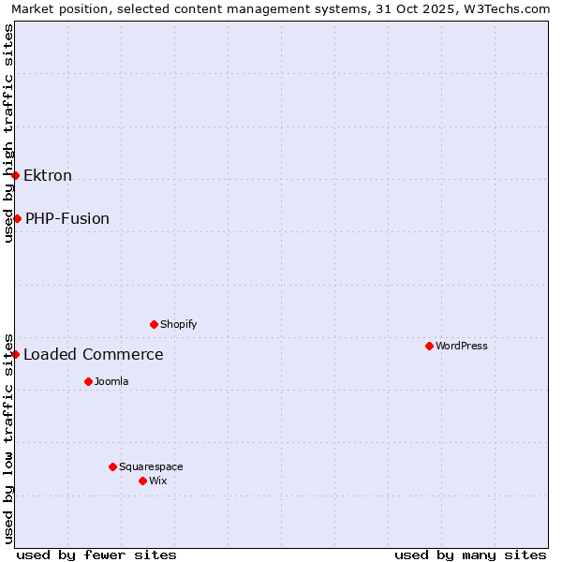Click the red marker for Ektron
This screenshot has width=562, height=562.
pyautogui.click(x=15, y=175)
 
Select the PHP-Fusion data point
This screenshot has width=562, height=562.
pyautogui.click(x=17, y=218)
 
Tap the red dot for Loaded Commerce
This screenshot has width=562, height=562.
pyautogui.click(x=15, y=354)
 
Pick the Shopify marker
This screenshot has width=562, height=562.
pyautogui.click(x=154, y=324)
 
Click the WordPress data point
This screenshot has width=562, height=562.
pyautogui.click(x=429, y=346)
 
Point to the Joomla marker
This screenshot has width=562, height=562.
pyautogui.click(x=88, y=381)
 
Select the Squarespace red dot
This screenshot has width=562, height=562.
pyautogui.click(x=112, y=466)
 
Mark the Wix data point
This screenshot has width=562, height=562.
pyautogui.click(x=142, y=481)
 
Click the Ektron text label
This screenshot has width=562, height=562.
pyautogui.click(x=48, y=176)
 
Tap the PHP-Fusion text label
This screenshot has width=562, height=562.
pyautogui.click(x=67, y=219)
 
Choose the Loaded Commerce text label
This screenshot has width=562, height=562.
pyautogui.click(x=94, y=355)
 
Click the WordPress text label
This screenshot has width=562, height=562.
pyautogui.click(x=462, y=347)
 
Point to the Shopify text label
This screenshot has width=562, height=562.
pyautogui.click(x=179, y=325)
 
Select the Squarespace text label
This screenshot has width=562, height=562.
pyautogui.click(x=151, y=467)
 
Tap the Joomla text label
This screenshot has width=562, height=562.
pyautogui.click(x=111, y=382)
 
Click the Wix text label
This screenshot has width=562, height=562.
pyautogui.click(x=158, y=481)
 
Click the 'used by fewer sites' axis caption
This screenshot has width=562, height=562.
pyautogui.click(x=96, y=555)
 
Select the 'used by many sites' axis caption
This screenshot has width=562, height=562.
pyautogui.click(x=470, y=555)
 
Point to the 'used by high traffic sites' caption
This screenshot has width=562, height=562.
pyautogui.click(x=9, y=133)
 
